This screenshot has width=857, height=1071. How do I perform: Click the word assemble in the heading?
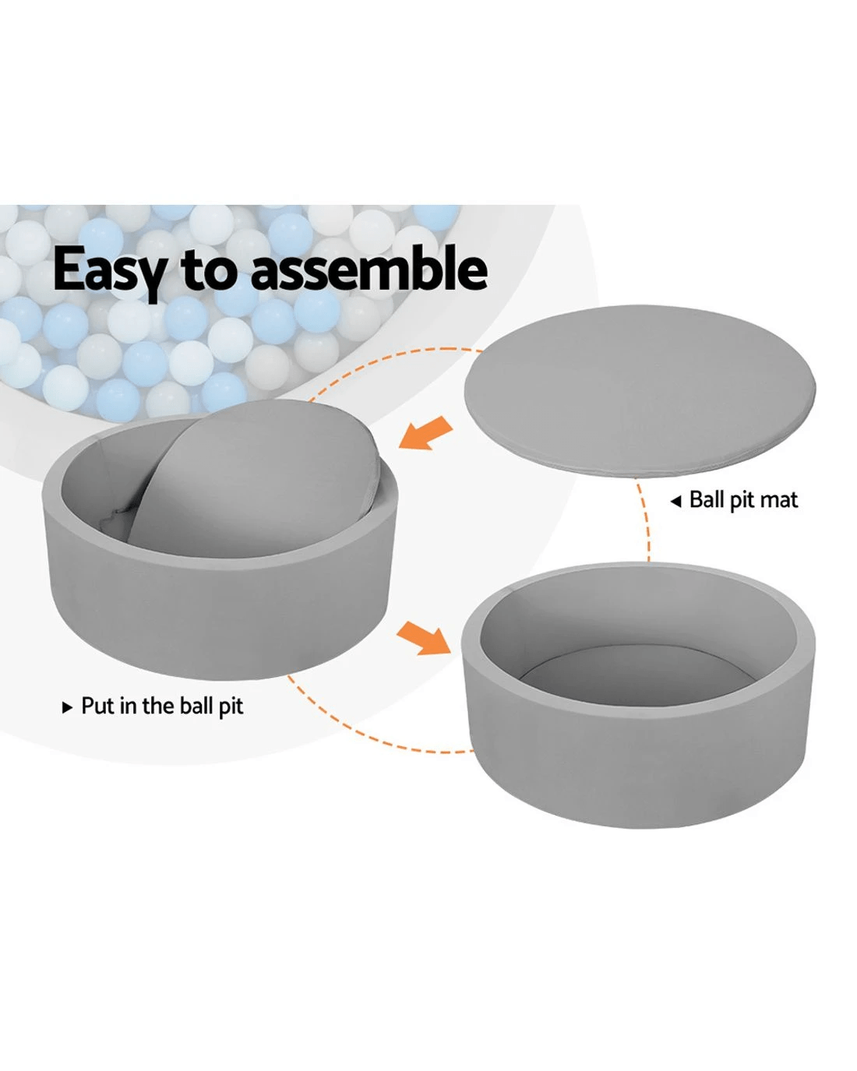369,269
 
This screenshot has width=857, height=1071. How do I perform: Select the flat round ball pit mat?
640,390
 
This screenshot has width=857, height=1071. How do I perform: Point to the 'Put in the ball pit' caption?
153,706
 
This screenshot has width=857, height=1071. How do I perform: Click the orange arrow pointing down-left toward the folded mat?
425,433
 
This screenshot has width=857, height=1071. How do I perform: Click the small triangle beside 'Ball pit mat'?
675,502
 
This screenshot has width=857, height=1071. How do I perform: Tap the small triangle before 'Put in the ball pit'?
67,708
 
